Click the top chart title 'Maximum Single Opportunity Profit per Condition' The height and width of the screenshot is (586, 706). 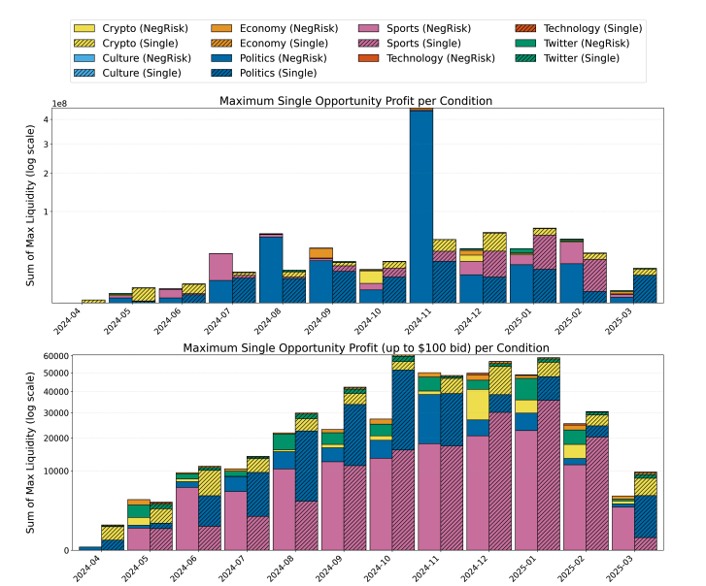point(355,101)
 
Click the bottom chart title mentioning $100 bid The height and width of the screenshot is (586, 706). point(366,347)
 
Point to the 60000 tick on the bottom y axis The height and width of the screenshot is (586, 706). point(54,356)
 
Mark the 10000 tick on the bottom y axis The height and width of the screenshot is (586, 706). point(54,472)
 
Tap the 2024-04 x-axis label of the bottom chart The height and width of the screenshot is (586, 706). point(83,566)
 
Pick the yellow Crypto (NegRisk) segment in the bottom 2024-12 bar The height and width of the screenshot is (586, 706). point(477,405)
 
